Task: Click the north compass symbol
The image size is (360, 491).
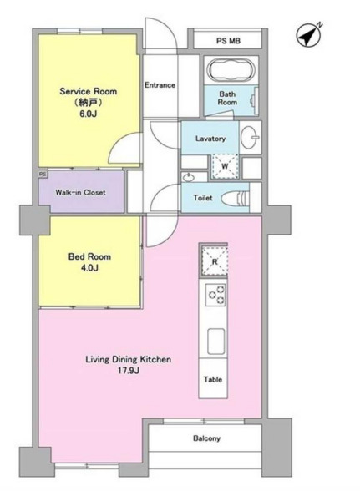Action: [x=308, y=35]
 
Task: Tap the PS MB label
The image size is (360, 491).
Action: [x=228, y=41]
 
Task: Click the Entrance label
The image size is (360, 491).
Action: [x=160, y=85]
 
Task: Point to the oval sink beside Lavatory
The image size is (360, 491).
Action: [x=250, y=137]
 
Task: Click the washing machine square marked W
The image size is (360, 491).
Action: [x=225, y=166]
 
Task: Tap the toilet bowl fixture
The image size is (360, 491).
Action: [x=235, y=198]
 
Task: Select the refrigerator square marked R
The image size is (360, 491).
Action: [x=215, y=261]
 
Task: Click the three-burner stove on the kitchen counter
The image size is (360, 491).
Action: [x=215, y=295]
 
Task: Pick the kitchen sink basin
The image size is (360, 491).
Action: [x=215, y=341]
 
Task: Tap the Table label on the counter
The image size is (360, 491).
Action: [x=213, y=379]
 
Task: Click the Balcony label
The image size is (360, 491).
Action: [x=206, y=438]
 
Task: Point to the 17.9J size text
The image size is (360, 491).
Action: [x=129, y=371]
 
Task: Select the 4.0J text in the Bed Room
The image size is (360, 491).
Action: [x=89, y=268]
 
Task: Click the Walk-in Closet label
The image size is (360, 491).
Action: [x=80, y=192]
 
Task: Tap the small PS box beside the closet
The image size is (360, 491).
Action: [x=43, y=174]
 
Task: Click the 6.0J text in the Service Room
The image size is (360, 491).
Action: [x=88, y=114]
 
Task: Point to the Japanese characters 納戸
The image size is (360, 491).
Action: [x=88, y=103]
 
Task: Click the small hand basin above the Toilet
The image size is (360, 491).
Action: [x=188, y=178]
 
